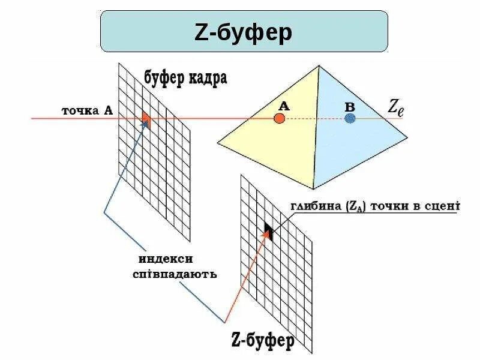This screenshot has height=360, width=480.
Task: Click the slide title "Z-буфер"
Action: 244,31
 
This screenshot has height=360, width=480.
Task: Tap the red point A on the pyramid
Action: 279,118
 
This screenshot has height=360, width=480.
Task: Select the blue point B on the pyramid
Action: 350,118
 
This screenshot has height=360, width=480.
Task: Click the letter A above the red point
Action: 284,106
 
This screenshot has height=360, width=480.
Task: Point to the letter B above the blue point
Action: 350,106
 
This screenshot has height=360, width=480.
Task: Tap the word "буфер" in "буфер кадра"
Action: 165,77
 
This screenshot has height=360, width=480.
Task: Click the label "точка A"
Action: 87,110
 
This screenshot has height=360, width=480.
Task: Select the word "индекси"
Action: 166,259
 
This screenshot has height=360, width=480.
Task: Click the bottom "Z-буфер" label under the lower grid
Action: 263,341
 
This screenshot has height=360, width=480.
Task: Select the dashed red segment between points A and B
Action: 314,119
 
